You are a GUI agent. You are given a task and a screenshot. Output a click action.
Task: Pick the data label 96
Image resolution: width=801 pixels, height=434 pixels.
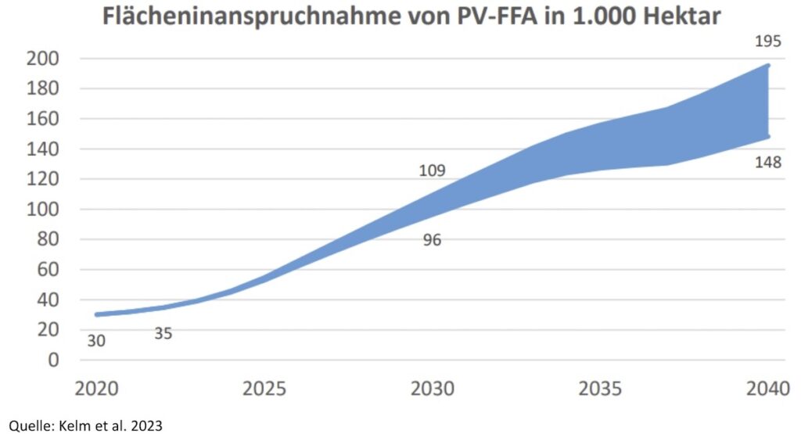(432, 240)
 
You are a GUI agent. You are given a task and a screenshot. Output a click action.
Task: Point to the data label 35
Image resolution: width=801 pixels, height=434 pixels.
(163, 334)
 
